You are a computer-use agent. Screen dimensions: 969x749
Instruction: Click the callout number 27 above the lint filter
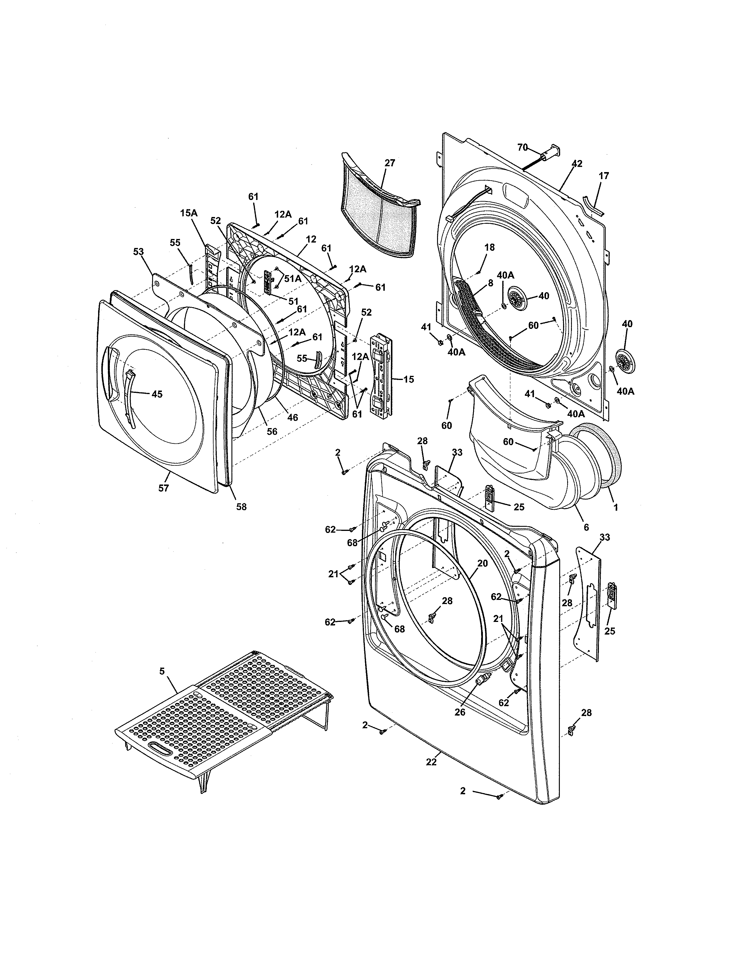pos(389,163)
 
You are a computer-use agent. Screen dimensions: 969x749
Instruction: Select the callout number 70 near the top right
pos(523,148)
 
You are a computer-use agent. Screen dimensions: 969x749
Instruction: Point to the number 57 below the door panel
pos(164,488)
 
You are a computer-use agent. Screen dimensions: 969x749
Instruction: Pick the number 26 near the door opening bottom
pos(460,713)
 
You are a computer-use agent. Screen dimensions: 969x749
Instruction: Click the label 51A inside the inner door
pos(293,279)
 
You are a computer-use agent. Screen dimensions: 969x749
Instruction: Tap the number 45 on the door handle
pos(157,394)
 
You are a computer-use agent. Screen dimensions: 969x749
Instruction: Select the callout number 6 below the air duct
pos(586,527)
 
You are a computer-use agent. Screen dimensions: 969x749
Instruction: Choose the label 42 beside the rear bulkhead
pos(576,164)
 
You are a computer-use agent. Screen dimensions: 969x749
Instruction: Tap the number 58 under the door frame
pos(241,506)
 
